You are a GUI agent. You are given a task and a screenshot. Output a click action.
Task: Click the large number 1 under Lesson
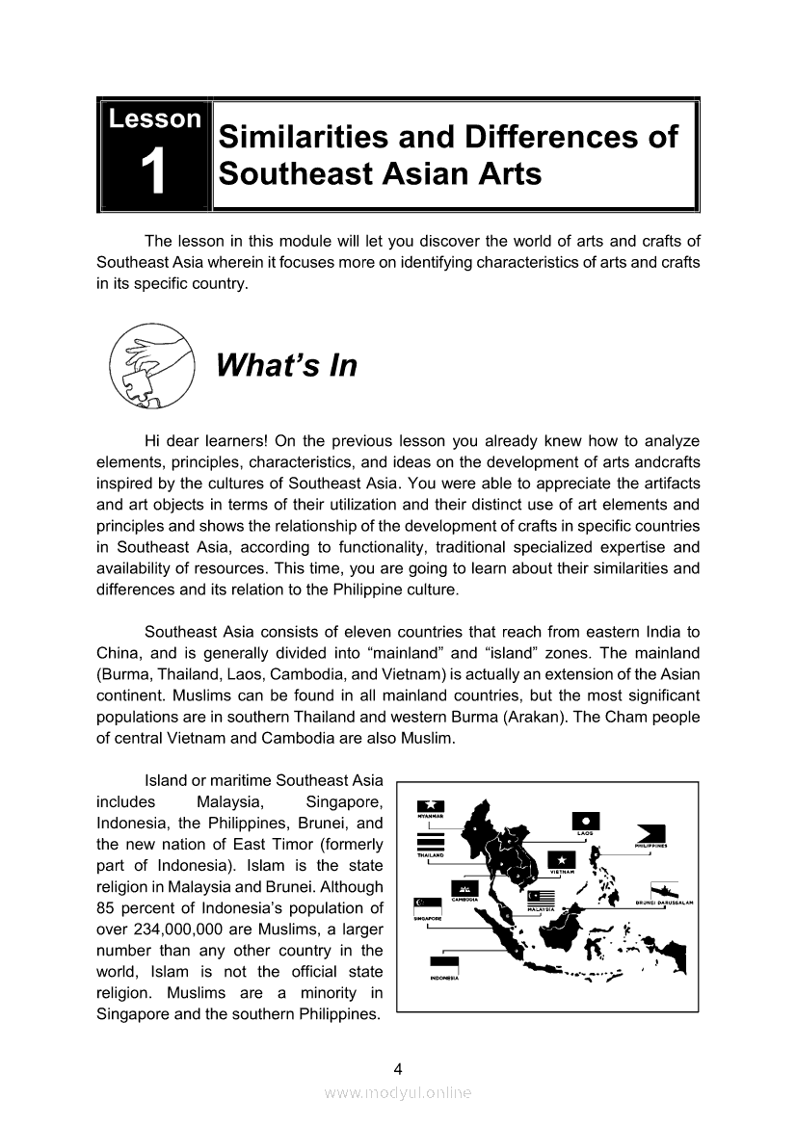tap(154, 174)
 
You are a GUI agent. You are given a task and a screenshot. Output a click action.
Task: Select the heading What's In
tap(286, 366)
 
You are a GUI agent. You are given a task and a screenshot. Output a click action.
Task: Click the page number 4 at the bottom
tap(397, 1067)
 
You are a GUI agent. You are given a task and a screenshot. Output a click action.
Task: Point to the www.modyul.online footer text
tap(398, 1092)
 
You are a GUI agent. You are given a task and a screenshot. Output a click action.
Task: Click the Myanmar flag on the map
tap(430, 806)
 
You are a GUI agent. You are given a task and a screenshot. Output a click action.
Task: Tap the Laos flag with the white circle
tap(586, 821)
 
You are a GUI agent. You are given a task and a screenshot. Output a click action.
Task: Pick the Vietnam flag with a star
tap(561, 860)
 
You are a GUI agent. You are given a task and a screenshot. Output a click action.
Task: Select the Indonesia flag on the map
tap(443, 966)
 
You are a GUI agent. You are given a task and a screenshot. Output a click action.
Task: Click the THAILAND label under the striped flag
tap(430, 855)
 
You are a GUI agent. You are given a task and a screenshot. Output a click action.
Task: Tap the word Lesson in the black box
tap(154, 119)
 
